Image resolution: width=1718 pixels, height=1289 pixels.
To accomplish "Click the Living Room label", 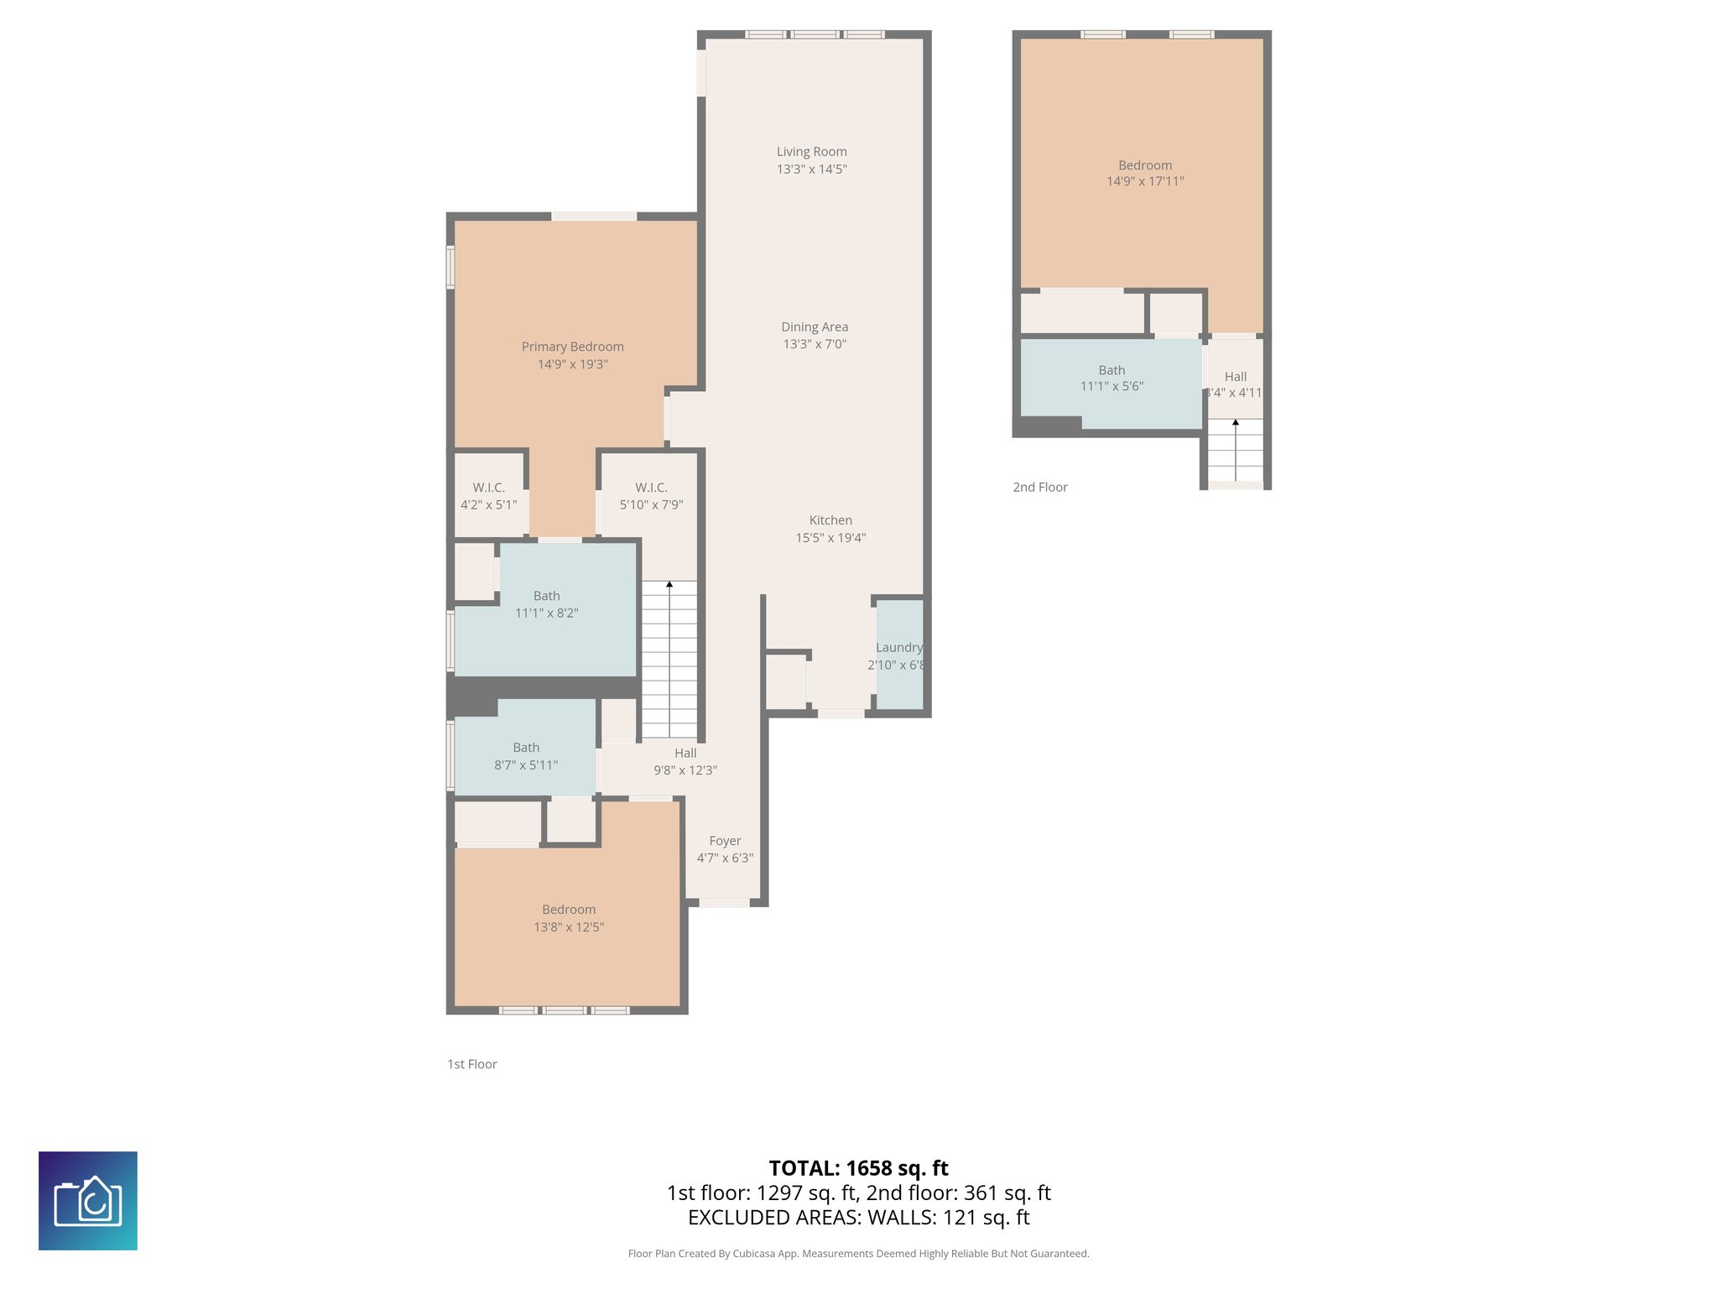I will coord(811,152).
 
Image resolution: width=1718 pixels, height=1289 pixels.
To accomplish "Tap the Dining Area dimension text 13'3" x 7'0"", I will coord(815,344).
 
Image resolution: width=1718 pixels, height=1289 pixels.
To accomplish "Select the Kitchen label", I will coord(830,520).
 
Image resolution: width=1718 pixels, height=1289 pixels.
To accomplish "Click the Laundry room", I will coord(899,655).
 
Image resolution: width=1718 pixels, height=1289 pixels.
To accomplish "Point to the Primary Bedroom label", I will coord(572,347).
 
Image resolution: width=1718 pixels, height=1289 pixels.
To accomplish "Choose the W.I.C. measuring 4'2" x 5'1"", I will coord(488,496).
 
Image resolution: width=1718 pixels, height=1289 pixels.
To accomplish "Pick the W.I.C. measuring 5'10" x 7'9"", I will coord(651,496).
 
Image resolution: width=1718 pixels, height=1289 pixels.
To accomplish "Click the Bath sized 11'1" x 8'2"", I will coord(546,604).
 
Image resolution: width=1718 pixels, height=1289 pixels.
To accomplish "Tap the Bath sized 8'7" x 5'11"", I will coord(526,756).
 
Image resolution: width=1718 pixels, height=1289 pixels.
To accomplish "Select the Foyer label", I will coord(725,841).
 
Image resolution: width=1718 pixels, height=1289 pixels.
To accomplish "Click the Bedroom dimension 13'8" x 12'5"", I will coord(569,927).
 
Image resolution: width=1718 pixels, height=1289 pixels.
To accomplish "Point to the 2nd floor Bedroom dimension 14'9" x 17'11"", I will coord(1145,181).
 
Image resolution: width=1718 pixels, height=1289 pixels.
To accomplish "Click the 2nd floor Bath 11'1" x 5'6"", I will coord(1111,378).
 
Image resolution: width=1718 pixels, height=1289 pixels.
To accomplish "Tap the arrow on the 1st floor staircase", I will coord(669,584).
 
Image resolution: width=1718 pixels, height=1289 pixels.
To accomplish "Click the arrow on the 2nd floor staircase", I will coord(1235,423).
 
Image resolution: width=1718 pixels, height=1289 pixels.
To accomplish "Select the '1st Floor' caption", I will coord(471,1064).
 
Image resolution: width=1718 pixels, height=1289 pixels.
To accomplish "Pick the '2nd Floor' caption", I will coord(1039,487).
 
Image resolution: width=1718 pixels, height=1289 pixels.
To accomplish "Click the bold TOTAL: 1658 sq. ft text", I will coord(858,1168).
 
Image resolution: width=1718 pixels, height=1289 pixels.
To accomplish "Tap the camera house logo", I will coord(88,1201).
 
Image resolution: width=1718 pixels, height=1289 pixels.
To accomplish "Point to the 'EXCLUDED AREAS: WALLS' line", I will coord(858,1218).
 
